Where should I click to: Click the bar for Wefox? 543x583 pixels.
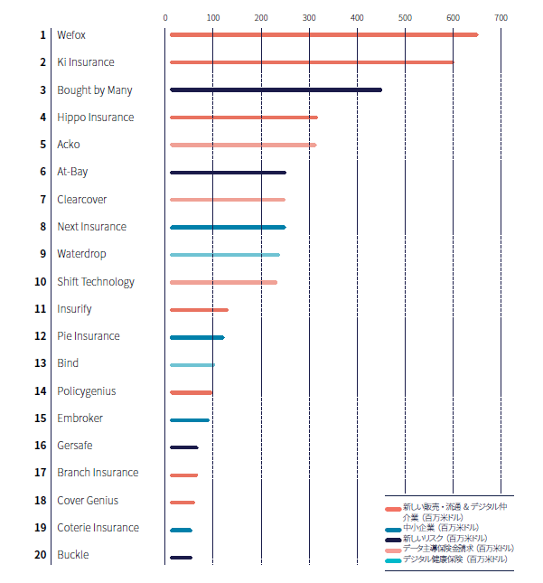coord(323,34)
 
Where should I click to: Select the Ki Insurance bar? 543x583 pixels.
coord(312,62)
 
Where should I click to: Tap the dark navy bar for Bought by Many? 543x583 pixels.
coord(276,89)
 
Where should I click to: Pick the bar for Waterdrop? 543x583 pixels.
coord(224,255)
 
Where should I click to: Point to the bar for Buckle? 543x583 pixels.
coord(181,557)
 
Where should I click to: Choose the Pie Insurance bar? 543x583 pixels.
coord(197,337)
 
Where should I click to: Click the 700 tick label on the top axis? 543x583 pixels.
coord(501,17)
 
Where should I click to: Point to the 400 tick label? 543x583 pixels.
coord(357,17)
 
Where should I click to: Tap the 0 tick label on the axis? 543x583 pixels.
coord(165,17)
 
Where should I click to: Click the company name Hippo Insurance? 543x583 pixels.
coord(95,118)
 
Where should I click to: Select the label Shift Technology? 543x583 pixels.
coord(95,282)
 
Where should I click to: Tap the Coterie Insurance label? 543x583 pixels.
coord(98,528)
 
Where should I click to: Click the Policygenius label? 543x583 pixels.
coord(86,391)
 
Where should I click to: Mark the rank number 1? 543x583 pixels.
coord(42,34)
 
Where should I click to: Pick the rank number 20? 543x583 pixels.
coord(40,555)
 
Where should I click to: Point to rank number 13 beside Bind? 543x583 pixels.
coord(40,363)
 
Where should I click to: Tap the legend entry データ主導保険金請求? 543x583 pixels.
coord(457,549)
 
